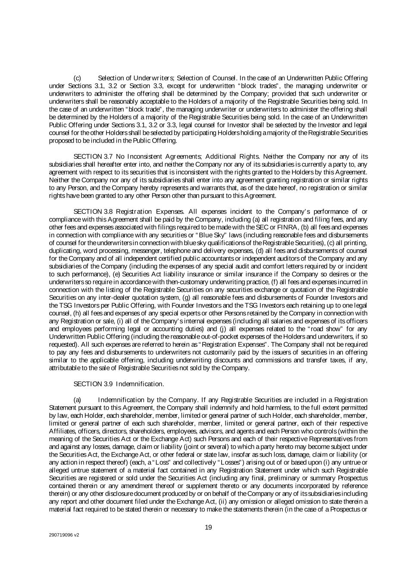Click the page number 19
point(208,527)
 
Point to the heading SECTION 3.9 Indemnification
point(119,384)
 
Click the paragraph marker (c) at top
point(78,78)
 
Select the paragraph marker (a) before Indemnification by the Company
point(78,400)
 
